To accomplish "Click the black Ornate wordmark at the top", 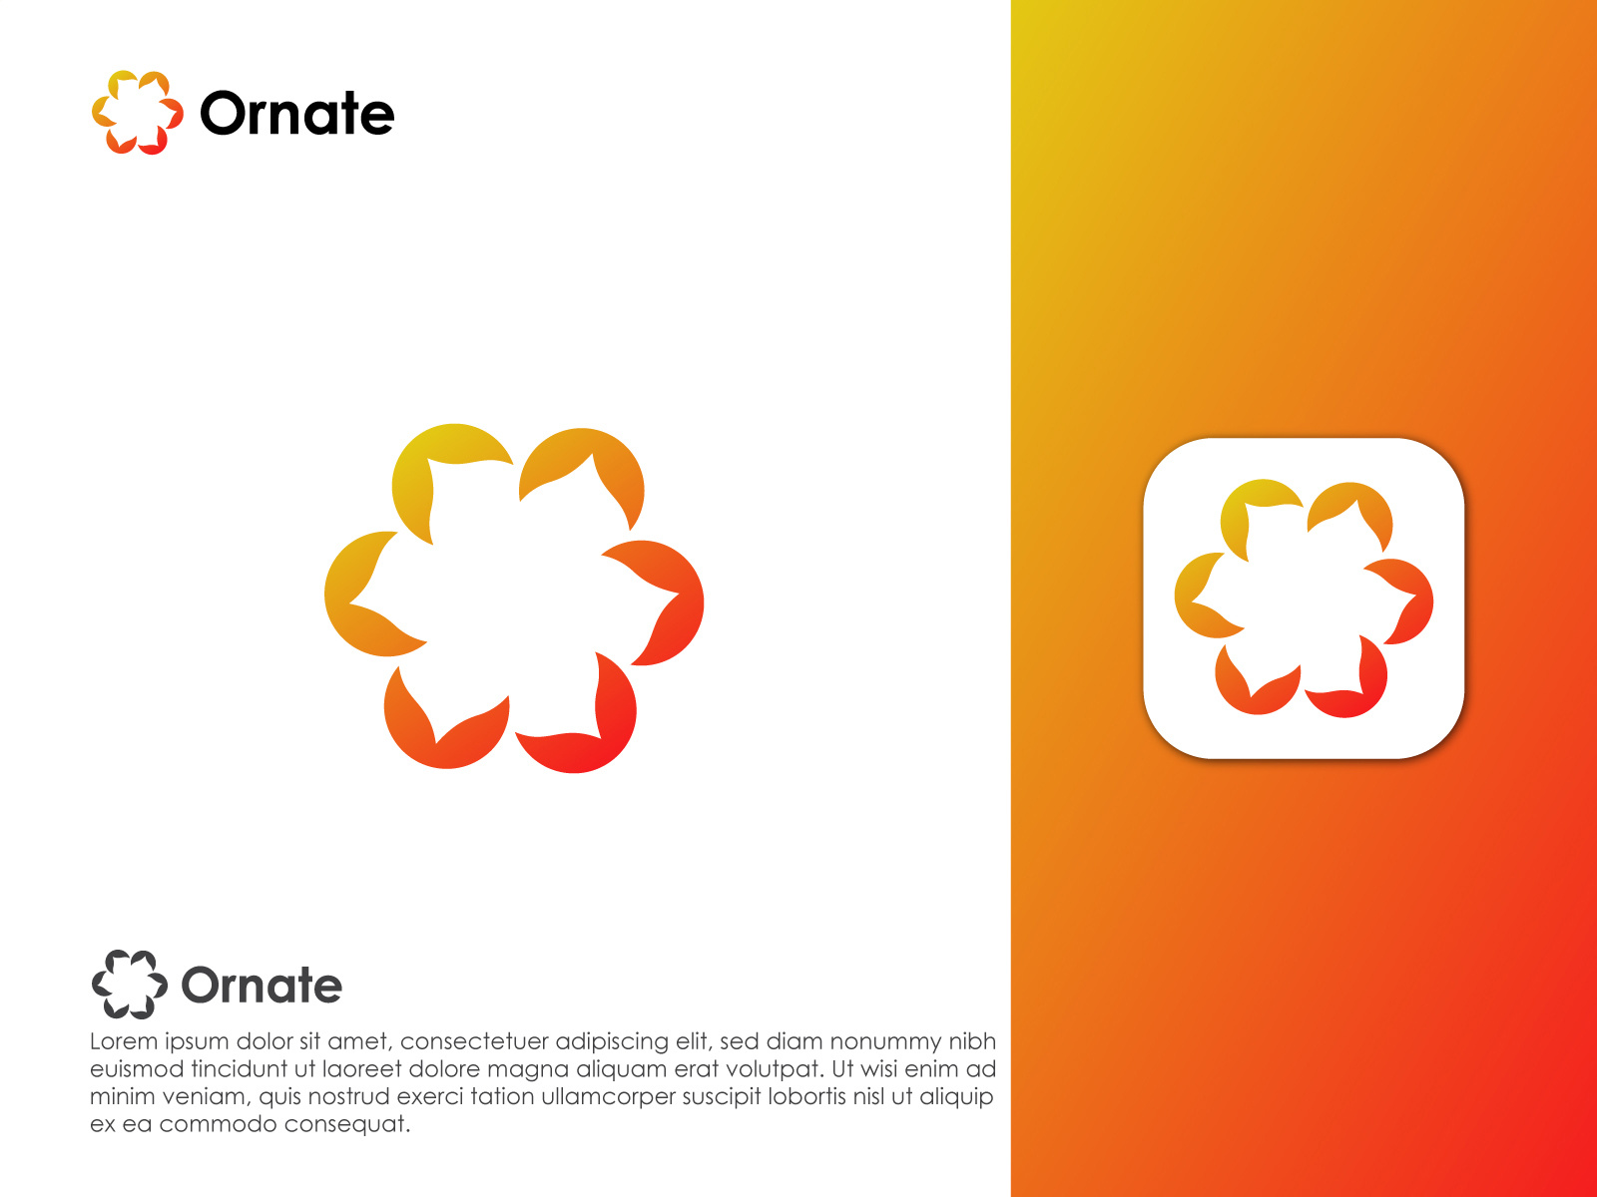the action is coord(296,114).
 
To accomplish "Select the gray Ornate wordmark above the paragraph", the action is coord(262,985).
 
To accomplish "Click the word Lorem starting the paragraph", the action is coord(124,1041).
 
